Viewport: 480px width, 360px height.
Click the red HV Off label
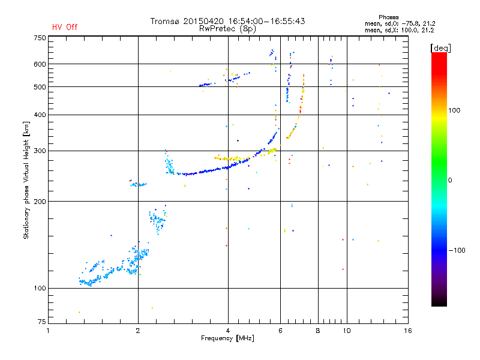pyautogui.click(x=65, y=27)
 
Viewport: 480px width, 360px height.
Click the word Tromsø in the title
pyautogui.click(x=166, y=21)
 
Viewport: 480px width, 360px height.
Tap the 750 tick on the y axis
pyautogui.click(x=40, y=38)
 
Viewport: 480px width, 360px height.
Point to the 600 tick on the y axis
pyautogui.click(x=40, y=64)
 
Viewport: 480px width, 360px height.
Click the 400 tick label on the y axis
pyautogui.click(x=40, y=115)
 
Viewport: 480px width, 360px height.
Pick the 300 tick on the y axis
pyautogui.click(x=40, y=151)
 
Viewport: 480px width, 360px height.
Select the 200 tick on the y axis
pyautogui.click(x=40, y=201)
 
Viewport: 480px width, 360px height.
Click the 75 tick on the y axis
pyautogui.click(x=41, y=323)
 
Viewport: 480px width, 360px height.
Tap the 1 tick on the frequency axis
pyautogui.click(x=48, y=331)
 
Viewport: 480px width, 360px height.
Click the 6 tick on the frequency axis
pyautogui.click(x=280, y=331)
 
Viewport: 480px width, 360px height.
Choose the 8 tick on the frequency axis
pyautogui.click(x=318, y=331)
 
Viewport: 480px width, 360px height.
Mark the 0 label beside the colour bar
pyautogui.click(x=451, y=180)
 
